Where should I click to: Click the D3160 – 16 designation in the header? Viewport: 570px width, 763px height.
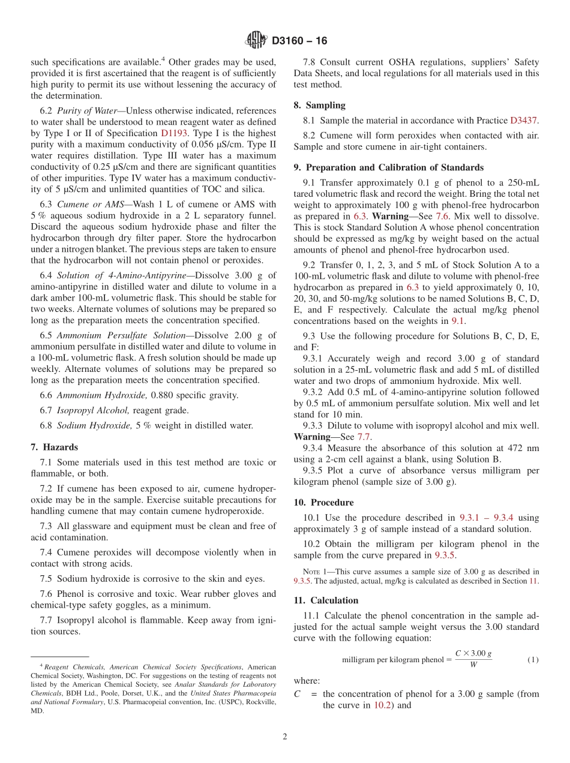click(x=299, y=41)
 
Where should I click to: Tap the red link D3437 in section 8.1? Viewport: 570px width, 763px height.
click(x=524, y=120)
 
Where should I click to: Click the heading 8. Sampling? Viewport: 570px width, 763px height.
click(x=319, y=105)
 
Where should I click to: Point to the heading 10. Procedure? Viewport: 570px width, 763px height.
click(x=323, y=503)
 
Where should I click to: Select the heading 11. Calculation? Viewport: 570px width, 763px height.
click(x=326, y=600)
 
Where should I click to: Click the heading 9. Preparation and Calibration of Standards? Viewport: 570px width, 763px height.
click(x=388, y=167)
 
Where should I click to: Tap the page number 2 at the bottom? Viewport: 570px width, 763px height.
click(x=285, y=737)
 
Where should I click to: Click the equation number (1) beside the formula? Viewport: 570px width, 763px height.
click(x=532, y=660)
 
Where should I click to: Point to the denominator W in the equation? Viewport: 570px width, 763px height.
click(x=473, y=665)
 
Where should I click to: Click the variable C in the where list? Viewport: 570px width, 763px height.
click(x=297, y=694)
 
